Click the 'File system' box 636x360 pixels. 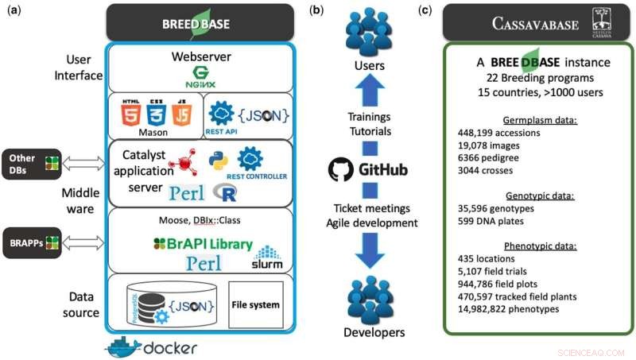pos(254,304)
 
